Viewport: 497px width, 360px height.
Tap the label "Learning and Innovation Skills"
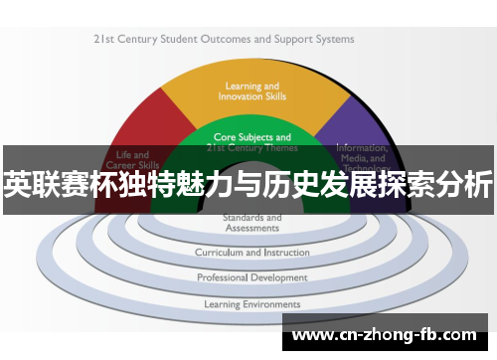(x=251, y=91)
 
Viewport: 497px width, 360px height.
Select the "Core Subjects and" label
(x=252, y=137)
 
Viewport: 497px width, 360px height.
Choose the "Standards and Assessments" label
(x=251, y=222)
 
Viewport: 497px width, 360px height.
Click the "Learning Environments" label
(x=251, y=304)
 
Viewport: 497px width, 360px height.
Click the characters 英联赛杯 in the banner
(x=50, y=185)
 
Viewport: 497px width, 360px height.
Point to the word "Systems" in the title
(x=334, y=40)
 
